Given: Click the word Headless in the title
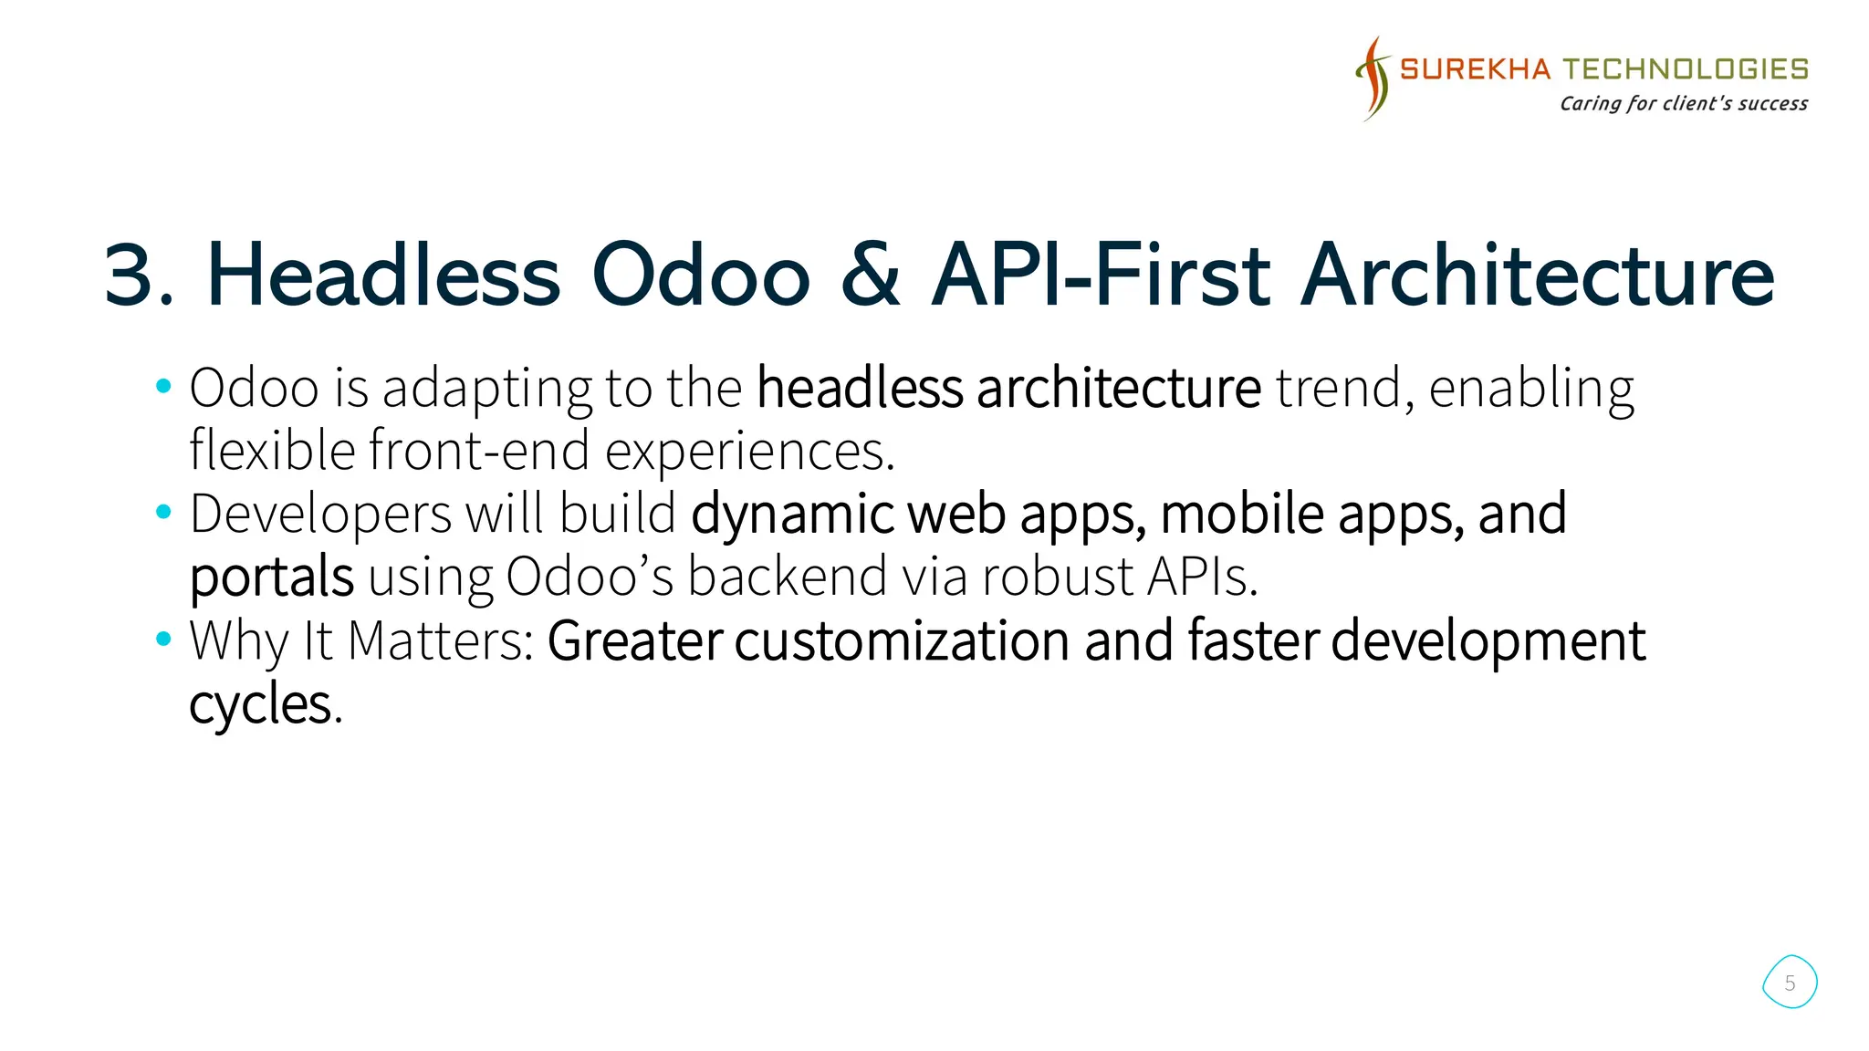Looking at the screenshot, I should pyautogui.click(x=383, y=275).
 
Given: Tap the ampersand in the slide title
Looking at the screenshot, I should pyautogui.click(x=870, y=275).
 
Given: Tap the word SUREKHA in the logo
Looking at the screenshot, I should pyautogui.click(x=1475, y=69).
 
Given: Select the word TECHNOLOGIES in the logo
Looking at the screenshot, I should pyautogui.click(x=1686, y=69).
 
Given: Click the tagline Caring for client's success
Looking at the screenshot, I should pyautogui.click(x=1683, y=103).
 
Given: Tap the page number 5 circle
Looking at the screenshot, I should pyautogui.click(x=1790, y=983).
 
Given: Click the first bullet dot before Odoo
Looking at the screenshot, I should pyautogui.click(x=163, y=387).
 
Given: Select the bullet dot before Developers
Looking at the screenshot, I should pyautogui.click(x=163, y=513).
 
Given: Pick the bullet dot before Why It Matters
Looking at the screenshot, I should pyautogui.click(x=163, y=639).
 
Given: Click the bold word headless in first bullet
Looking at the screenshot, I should pyautogui.click(x=860, y=388).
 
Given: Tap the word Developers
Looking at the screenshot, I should pyautogui.click(x=320, y=515).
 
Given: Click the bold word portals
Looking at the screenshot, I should pyautogui.click(x=271, y=578).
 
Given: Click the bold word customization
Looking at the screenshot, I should pyautogui.click(x=902, y=640).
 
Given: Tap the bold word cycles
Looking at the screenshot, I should pyautogui.click(x=260, y=704).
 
